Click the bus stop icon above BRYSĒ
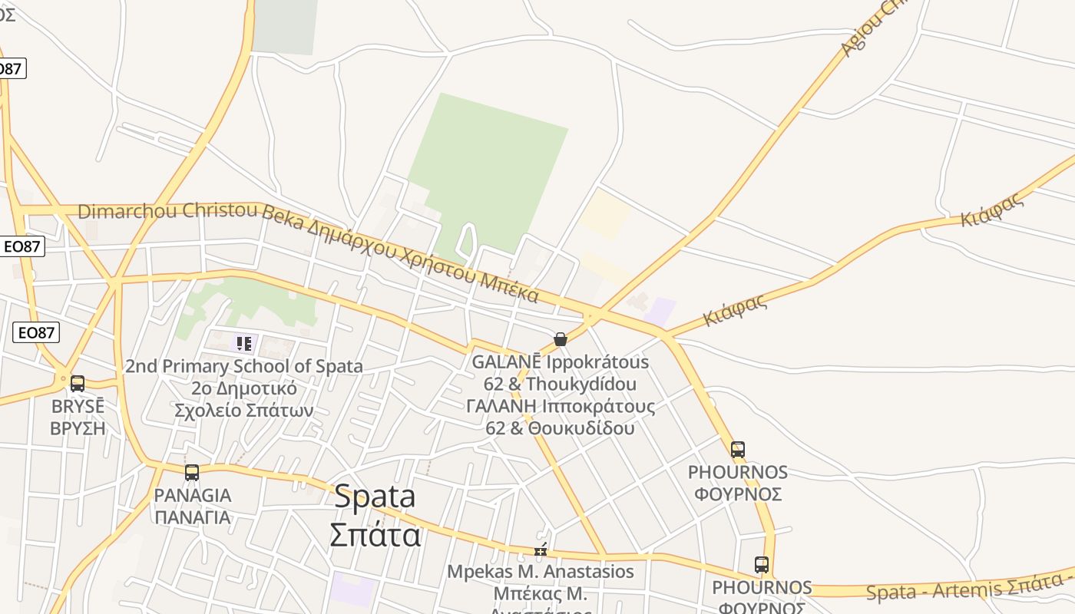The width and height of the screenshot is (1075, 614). [78, 383]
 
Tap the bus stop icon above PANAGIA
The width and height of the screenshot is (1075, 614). [192, 473]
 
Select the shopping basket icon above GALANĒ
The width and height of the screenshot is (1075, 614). [561, 339]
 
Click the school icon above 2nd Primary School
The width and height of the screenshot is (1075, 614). [244, 343]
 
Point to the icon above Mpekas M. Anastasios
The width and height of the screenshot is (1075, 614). [541, 550]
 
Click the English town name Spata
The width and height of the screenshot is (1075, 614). [375, 497]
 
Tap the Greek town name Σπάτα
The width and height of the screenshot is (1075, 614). [375, 534]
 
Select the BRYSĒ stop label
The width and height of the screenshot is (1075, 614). [78, 406]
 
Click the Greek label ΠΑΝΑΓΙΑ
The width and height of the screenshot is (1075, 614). [192, 517]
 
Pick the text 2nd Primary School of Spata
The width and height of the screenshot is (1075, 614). [244, 366]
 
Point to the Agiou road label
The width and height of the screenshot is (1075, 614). [872, 29]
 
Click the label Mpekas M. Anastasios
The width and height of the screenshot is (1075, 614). [541, 572]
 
